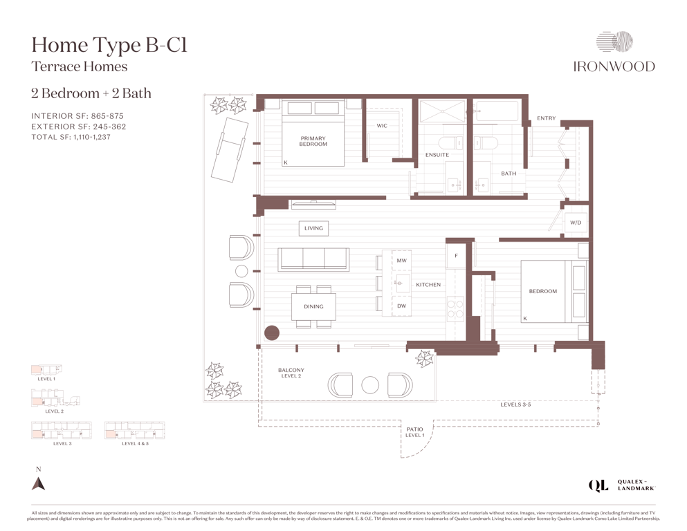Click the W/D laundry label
(x=576, y=223)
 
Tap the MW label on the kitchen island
(x=402, y=261)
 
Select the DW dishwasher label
(x=402, y=306)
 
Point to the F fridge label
(x=456, y=256)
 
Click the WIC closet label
(x=382, y=126)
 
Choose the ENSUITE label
(x=437, y=155)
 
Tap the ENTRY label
(x=547, y=118)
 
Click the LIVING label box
(x=313, y=228)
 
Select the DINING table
(x=313, y=307)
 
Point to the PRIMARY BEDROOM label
(x=313, y=141)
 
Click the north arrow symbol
(x=39, y=483)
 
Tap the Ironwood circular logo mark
(x=614, y=42)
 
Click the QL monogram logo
(x=598, y=485)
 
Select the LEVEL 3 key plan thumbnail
(x=62, y=430)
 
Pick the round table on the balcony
(x=370, y=386)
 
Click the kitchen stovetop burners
(x=455, y=308)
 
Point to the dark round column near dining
(x=272, y=333)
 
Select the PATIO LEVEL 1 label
(x=414, y=432)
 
